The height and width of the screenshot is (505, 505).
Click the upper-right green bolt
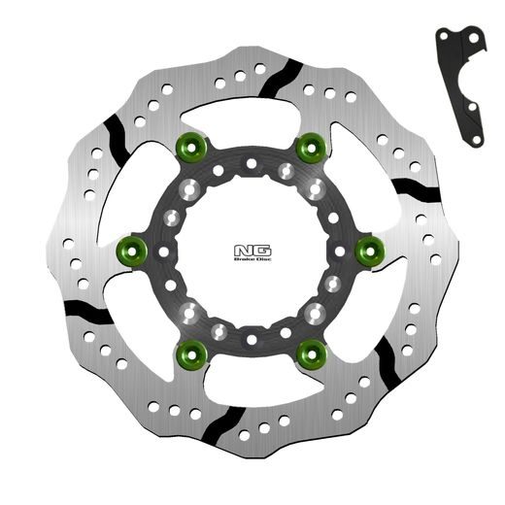point(311,148)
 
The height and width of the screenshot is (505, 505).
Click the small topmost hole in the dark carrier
point(249,167)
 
